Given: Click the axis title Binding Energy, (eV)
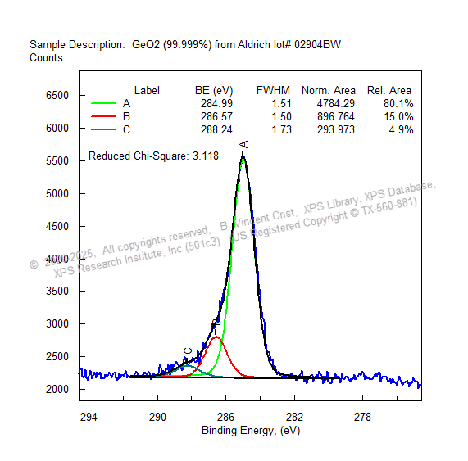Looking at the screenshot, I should click(251, 430).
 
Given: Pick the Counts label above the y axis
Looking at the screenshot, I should click(46, 58).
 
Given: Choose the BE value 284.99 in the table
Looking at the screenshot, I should click(216, 104).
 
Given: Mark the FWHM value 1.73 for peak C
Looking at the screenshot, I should click(281, 130).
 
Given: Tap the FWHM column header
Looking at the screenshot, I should click(273, 90).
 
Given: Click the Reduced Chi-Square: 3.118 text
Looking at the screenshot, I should click(153, 156).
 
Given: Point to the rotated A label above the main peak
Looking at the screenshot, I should click(243, 144).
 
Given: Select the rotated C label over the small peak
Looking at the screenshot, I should click(188, 351).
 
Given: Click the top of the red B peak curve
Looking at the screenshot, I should click(216, 337).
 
